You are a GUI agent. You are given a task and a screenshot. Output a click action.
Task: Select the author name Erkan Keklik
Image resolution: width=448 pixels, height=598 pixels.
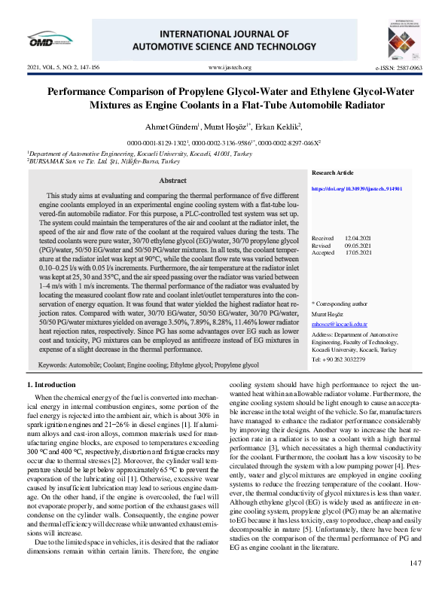[279, 126]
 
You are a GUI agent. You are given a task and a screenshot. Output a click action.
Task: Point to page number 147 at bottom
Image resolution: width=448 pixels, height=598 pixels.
[415, 584]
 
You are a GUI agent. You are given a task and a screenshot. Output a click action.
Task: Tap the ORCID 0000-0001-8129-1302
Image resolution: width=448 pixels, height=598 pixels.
[156, 141]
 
